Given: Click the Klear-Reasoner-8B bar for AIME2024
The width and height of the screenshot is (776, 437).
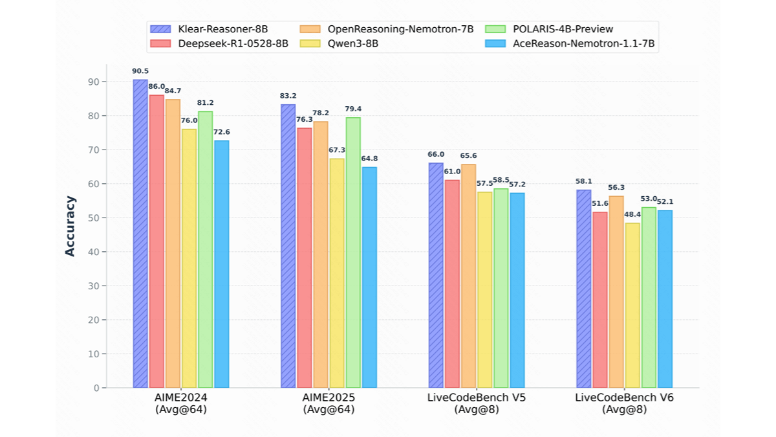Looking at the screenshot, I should coord(140,234).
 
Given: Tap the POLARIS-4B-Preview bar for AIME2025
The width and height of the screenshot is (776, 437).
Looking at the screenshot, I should coord(353,252).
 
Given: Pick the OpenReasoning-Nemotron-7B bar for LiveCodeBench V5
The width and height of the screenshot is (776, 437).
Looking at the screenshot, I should coord(468,276).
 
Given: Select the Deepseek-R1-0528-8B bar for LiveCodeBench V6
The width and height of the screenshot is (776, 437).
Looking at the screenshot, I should coord(599,300).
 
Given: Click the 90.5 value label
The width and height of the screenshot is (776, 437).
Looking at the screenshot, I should coord(140,71).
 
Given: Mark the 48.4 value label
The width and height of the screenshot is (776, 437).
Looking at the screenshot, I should coord(632,214).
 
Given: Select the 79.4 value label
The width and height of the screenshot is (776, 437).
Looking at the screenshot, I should coord(353,109).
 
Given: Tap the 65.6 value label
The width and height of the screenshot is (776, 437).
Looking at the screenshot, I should coord(468,156).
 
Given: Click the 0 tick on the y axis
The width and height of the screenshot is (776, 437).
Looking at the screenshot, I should coord(95,388).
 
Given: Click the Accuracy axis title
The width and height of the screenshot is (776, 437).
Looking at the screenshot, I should coord(70,226).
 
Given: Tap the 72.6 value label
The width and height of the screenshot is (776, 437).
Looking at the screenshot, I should coord(222,132).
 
